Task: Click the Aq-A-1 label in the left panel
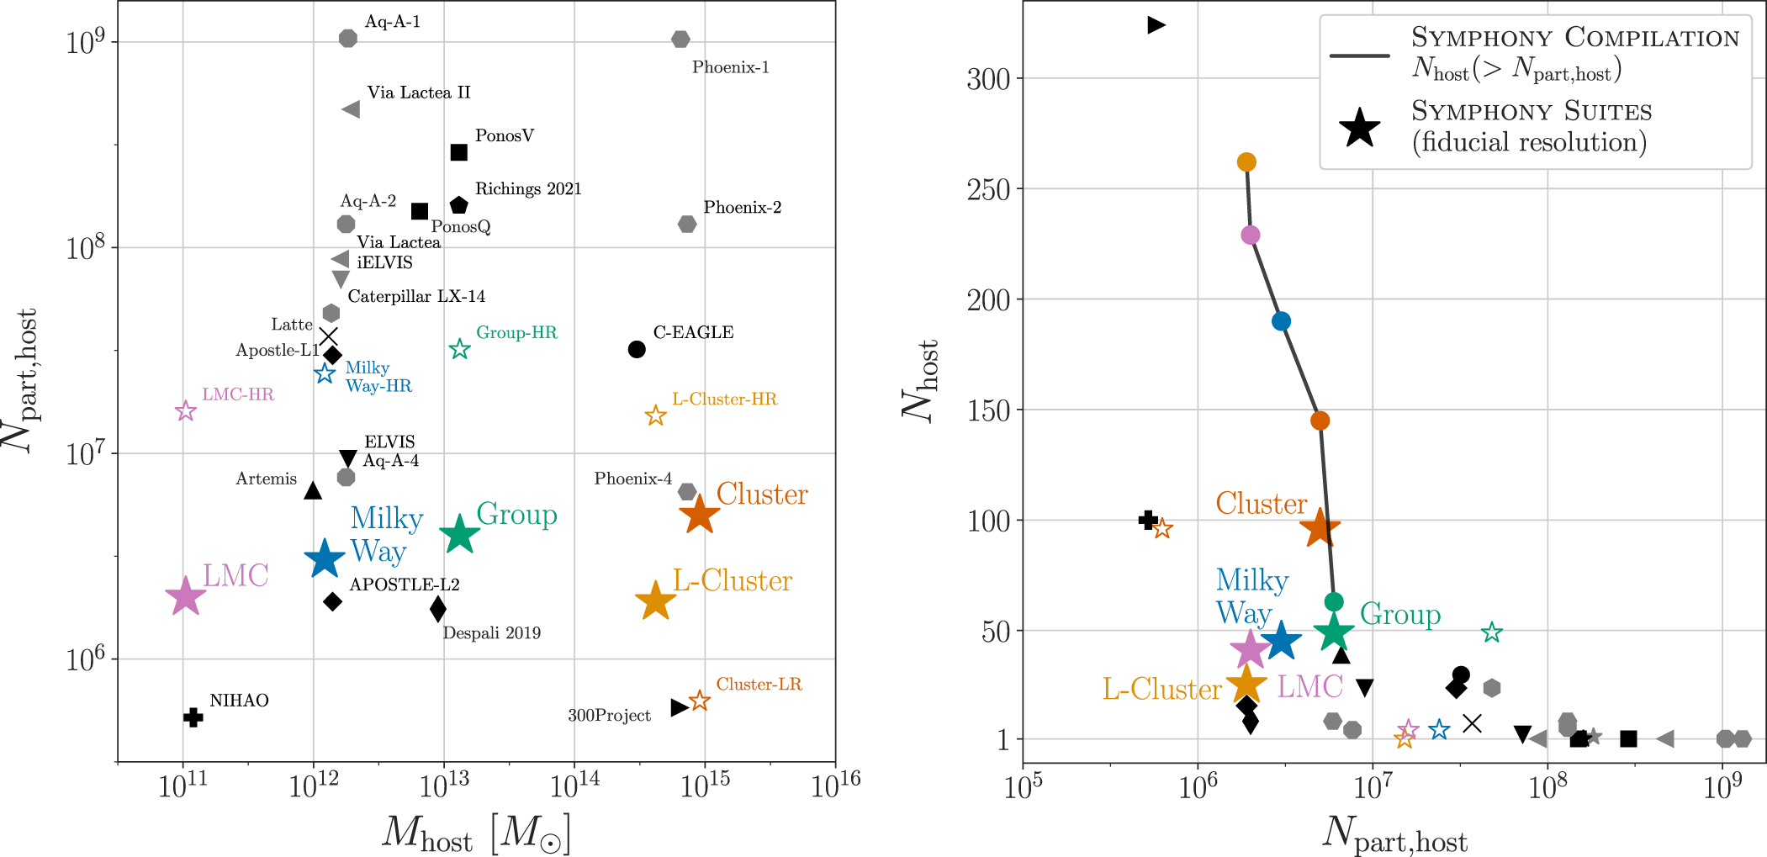[392, 22]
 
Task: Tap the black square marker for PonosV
[458, 152]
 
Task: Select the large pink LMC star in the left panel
[185, 596]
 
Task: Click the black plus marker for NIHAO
[193, 717]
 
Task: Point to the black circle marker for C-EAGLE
[637, 349]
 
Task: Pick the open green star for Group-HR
[459, 349]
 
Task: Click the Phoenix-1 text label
[730, 67]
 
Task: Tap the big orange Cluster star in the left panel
[700, 516]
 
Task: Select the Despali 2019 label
[491, 633]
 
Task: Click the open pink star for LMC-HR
[186, 411]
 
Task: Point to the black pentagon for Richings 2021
[458, 205]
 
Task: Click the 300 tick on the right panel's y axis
[988, 79]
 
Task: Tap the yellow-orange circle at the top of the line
[1246, 162]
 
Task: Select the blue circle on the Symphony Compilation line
[1281, 321]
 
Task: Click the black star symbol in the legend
[1360, 129]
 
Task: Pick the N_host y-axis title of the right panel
[919, 380]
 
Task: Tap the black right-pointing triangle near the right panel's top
[1156, 25]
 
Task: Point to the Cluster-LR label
[759, 685]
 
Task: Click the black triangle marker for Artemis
[313, 490]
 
